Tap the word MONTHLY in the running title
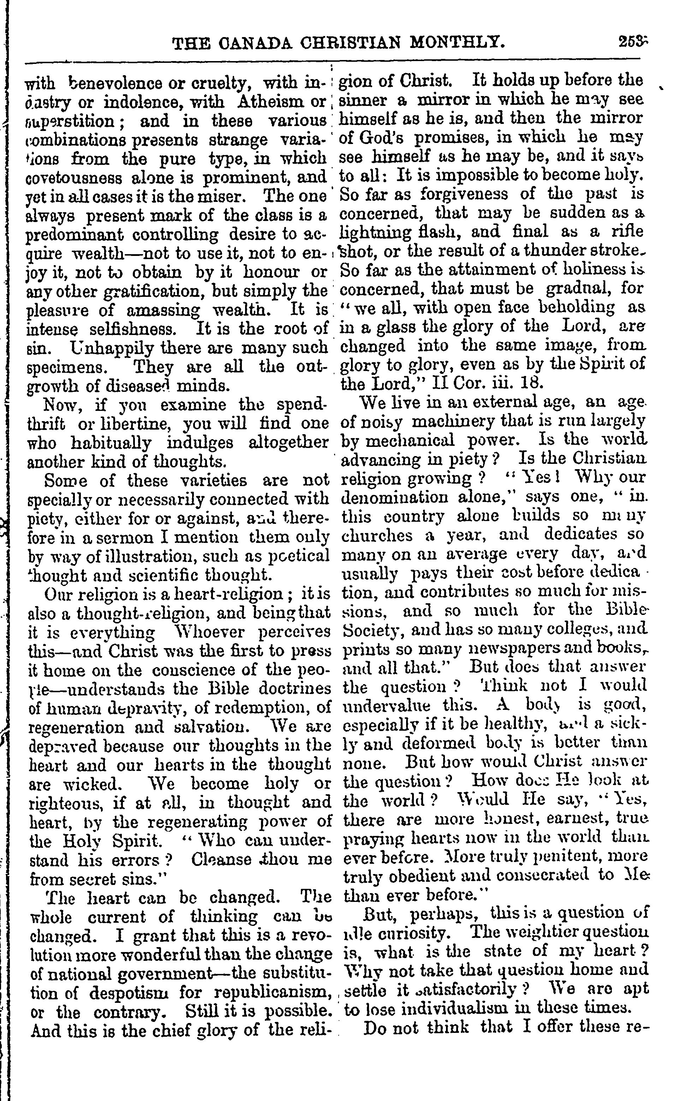[x=459, y=44]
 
